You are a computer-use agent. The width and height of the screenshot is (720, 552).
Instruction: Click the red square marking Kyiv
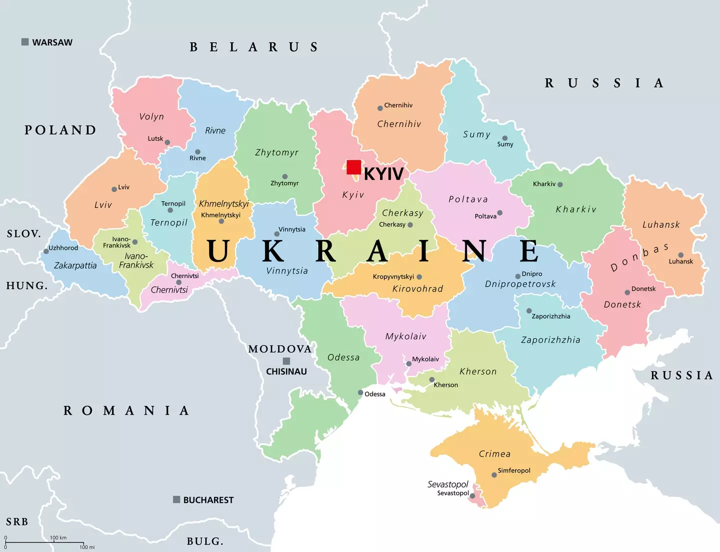click(x=354, y=167)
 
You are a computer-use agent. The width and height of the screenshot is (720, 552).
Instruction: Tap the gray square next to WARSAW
click(x=25, y=42)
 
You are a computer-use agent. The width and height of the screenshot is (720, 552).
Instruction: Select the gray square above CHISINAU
click(x=286, y=361)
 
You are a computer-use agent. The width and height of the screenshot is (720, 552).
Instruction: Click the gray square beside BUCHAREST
click(x=176, y=499)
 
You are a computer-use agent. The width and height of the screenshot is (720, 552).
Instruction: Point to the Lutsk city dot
click(x=167, y=142)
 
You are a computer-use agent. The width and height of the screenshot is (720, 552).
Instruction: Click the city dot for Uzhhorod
click(x=46, y=251)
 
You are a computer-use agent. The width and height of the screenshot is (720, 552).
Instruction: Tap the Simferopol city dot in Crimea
click(x=494, y=475)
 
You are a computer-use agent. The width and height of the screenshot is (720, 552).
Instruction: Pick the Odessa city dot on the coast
click(x=360, y=392)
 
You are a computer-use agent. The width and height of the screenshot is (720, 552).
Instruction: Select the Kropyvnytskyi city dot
click(x=419, y=277)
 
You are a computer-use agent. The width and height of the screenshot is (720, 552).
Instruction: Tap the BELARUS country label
click(x=254, y=47)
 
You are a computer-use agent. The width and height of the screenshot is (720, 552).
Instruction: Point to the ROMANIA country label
click(x=126, y=410)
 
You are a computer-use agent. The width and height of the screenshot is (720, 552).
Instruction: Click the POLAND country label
click(x=60, y=130)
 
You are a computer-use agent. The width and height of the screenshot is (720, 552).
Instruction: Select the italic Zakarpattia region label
click(x=75, y=265)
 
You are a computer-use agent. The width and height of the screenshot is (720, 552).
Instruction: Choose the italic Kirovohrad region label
click(x=417, y=289)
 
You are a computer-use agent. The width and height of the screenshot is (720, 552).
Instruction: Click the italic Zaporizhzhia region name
click(x=550, y=340)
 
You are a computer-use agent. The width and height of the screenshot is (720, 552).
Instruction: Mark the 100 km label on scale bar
click(x=58, y=538)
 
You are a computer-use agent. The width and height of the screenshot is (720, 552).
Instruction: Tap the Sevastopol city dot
click(x=472, y=496)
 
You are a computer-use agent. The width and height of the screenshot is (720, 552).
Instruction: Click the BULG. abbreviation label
click(x=205, y=541)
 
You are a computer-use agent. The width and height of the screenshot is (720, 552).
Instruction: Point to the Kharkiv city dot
click(x=560, y=184)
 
